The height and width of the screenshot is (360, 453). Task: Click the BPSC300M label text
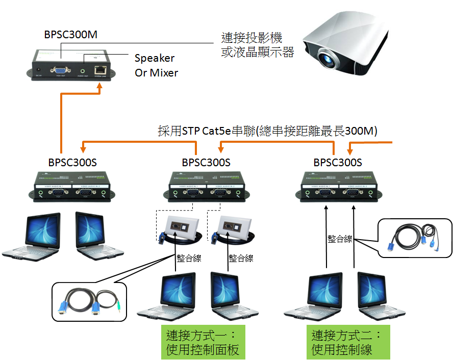click(71, 35)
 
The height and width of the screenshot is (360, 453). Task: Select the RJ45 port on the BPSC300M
click(100, 70)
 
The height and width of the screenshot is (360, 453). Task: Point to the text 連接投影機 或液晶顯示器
click(258, 45)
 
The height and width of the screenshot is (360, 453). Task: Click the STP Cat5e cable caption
click(267, 132)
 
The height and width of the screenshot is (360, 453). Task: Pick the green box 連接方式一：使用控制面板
click(203, 343)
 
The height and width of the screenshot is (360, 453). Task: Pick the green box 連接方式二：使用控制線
click(347, 343)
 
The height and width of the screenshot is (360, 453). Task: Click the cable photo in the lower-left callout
click(89, 301)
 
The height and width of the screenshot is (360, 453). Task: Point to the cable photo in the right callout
click(414, 237)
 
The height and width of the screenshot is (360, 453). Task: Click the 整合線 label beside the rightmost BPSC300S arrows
click(339, 238)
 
